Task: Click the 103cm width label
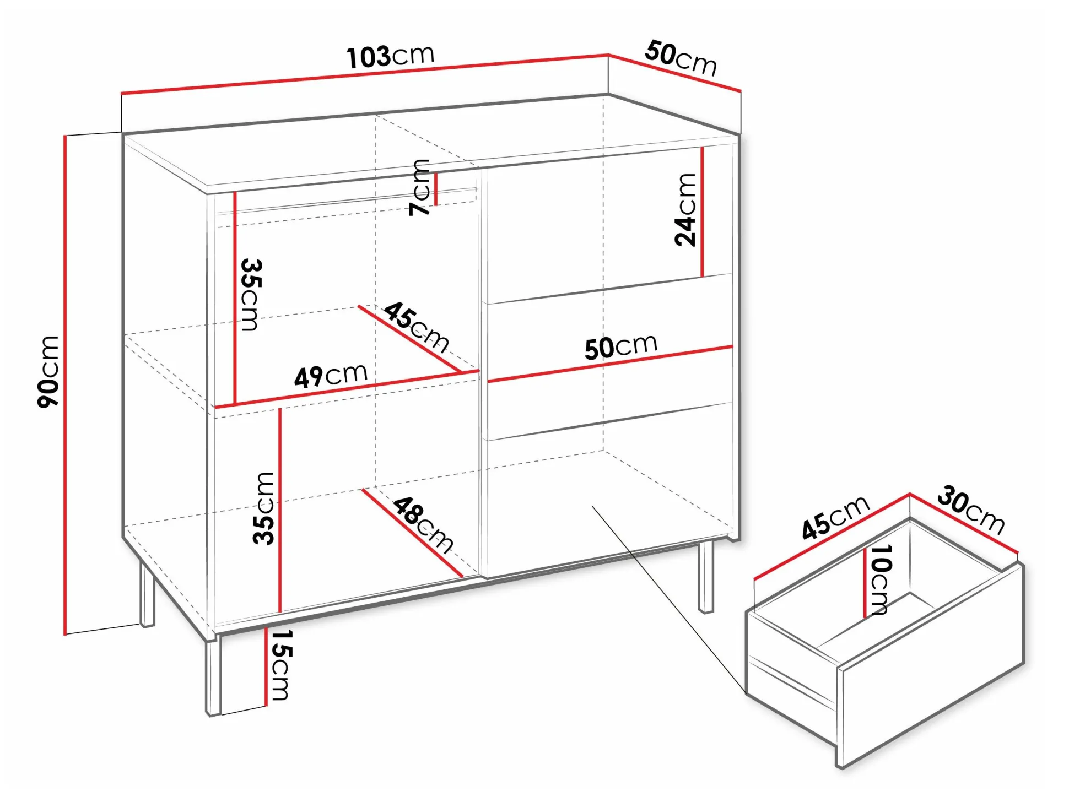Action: point(390,56)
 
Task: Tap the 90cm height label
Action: point(48,371)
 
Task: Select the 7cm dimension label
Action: point(420,187)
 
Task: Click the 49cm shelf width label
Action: point(331,376)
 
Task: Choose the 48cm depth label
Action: point(423,524)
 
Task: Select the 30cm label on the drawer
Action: point(971,510)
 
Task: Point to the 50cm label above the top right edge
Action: point(681,57)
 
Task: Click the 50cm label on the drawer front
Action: point(621,346)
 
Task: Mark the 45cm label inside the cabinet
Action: point(416,327)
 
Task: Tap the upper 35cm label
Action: point(251,295)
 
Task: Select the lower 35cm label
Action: point(263,508)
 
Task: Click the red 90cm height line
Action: point(65,385)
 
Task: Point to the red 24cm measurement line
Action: point(703,212)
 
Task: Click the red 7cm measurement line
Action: point(436,189)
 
